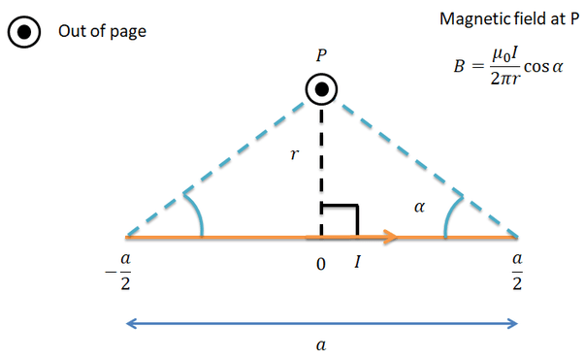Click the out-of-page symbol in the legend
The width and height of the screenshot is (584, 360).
tap(24, 32)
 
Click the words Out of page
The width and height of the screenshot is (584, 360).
tap(102, 31)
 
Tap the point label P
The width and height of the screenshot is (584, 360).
tap(321, 55)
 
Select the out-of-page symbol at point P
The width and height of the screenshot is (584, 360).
tap(321, 89)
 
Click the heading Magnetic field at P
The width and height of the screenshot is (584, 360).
tap(509, 18)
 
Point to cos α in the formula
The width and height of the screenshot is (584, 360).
tap(543, 67)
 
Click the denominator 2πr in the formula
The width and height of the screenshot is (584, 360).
tap(504, 79)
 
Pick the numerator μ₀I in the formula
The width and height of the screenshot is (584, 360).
tap(505, 55)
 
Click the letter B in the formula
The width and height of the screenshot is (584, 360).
tap(459, 67)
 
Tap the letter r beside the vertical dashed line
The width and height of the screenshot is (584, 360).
tap(294, 154)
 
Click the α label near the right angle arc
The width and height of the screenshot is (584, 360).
tap(419, 207)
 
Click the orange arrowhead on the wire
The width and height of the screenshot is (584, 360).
tap(390, 237)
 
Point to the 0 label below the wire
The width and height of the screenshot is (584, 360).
tap(321, 264)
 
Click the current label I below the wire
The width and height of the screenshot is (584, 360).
tap(358, 262)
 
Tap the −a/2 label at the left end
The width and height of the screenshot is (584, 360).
tap(118, 272)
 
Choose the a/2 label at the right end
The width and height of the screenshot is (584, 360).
tap(517, 272)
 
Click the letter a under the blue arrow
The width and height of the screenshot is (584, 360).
tap(321, 345)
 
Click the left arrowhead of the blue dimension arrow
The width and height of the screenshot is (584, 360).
tap(131, 323)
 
